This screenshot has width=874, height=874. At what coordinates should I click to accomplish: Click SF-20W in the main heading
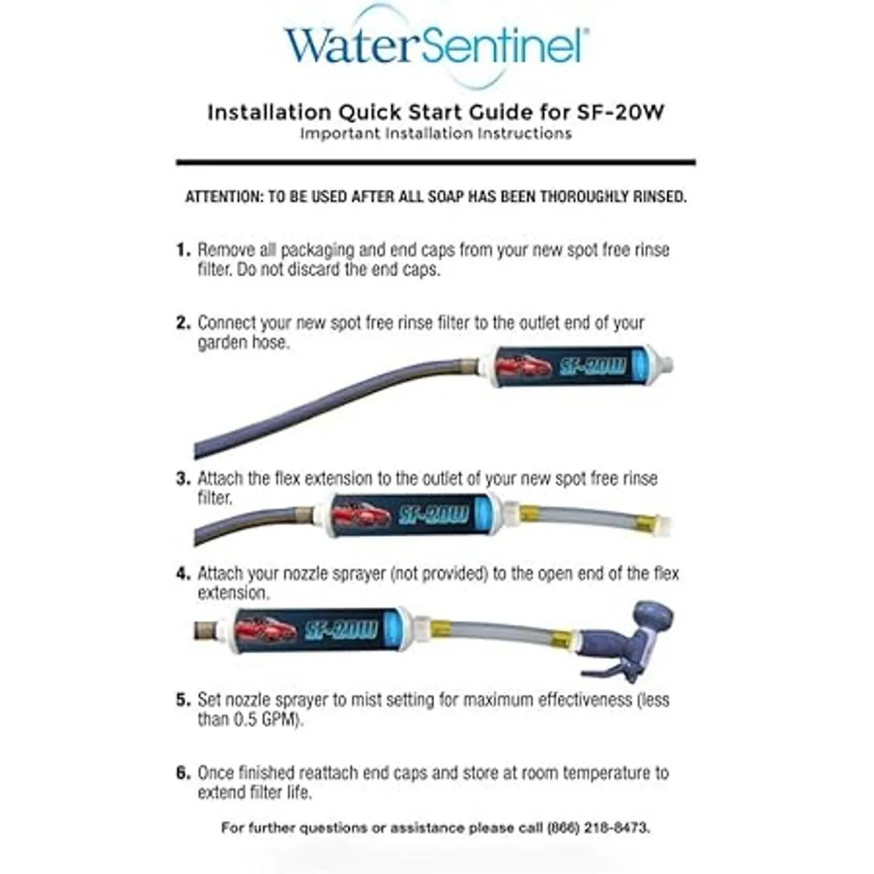[620, 112]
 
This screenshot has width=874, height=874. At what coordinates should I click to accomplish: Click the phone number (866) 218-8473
[598, 827]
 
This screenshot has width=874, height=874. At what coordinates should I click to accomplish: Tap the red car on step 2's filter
[524, 366]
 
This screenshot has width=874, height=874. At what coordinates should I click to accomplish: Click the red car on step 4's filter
[267, 629]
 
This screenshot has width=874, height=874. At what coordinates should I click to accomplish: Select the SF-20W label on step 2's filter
[592, 366]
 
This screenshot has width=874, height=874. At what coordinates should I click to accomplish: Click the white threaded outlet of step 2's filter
[662, 366]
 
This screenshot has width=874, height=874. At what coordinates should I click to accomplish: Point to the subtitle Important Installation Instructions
[436, 134]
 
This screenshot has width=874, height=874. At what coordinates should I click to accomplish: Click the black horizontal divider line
[436, 162]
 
